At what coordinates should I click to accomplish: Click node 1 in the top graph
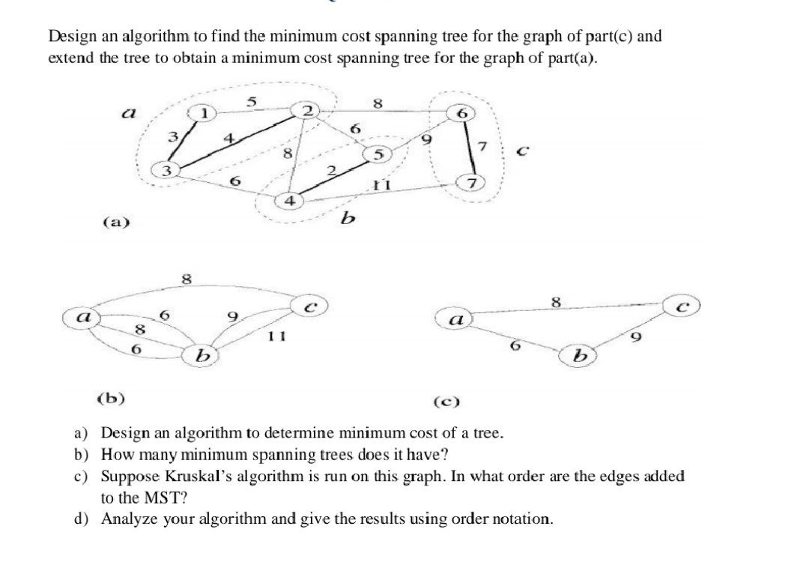[203, 113]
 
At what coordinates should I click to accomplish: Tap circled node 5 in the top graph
[378, 155]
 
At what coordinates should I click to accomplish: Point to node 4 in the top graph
[289, 201]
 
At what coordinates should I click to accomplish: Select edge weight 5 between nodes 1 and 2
[252, 100]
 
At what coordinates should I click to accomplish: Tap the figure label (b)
[112, 396]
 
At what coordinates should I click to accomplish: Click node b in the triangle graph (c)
[577, 354]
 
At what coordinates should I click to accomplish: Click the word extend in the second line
[70, 58]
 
